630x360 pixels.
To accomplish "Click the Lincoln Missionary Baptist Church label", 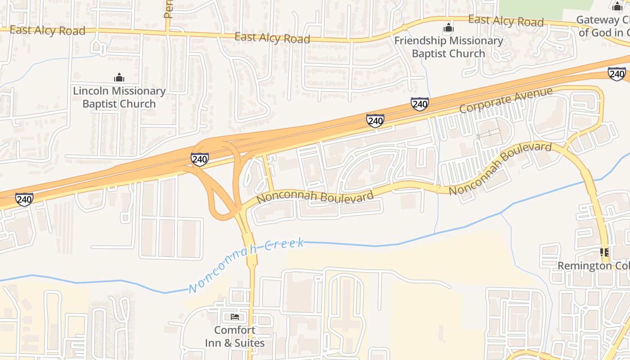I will point(119,97).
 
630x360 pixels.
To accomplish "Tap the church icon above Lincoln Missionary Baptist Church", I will point(119,77).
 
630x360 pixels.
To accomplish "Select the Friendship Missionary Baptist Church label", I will point(449,47).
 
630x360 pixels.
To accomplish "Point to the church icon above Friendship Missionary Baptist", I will point(448,28).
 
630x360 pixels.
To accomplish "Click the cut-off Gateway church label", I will point(603,26).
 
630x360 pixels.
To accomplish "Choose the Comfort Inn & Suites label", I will point(234,336).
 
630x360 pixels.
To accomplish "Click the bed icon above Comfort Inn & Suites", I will point(234,317).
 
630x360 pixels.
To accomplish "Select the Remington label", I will point(593,265).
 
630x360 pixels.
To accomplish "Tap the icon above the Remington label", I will point(604,252).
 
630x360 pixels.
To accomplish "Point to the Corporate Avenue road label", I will point(506,100).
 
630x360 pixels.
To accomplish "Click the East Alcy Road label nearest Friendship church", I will point(506,21).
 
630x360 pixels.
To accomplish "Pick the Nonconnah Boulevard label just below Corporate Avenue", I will point(500,168).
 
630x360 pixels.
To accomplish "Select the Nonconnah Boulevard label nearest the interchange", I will point(315,197).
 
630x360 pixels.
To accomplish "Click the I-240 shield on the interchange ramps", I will point(199,159).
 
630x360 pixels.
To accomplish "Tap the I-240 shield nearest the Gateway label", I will point(616,74).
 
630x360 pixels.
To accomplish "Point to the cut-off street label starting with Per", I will point(168,9).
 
